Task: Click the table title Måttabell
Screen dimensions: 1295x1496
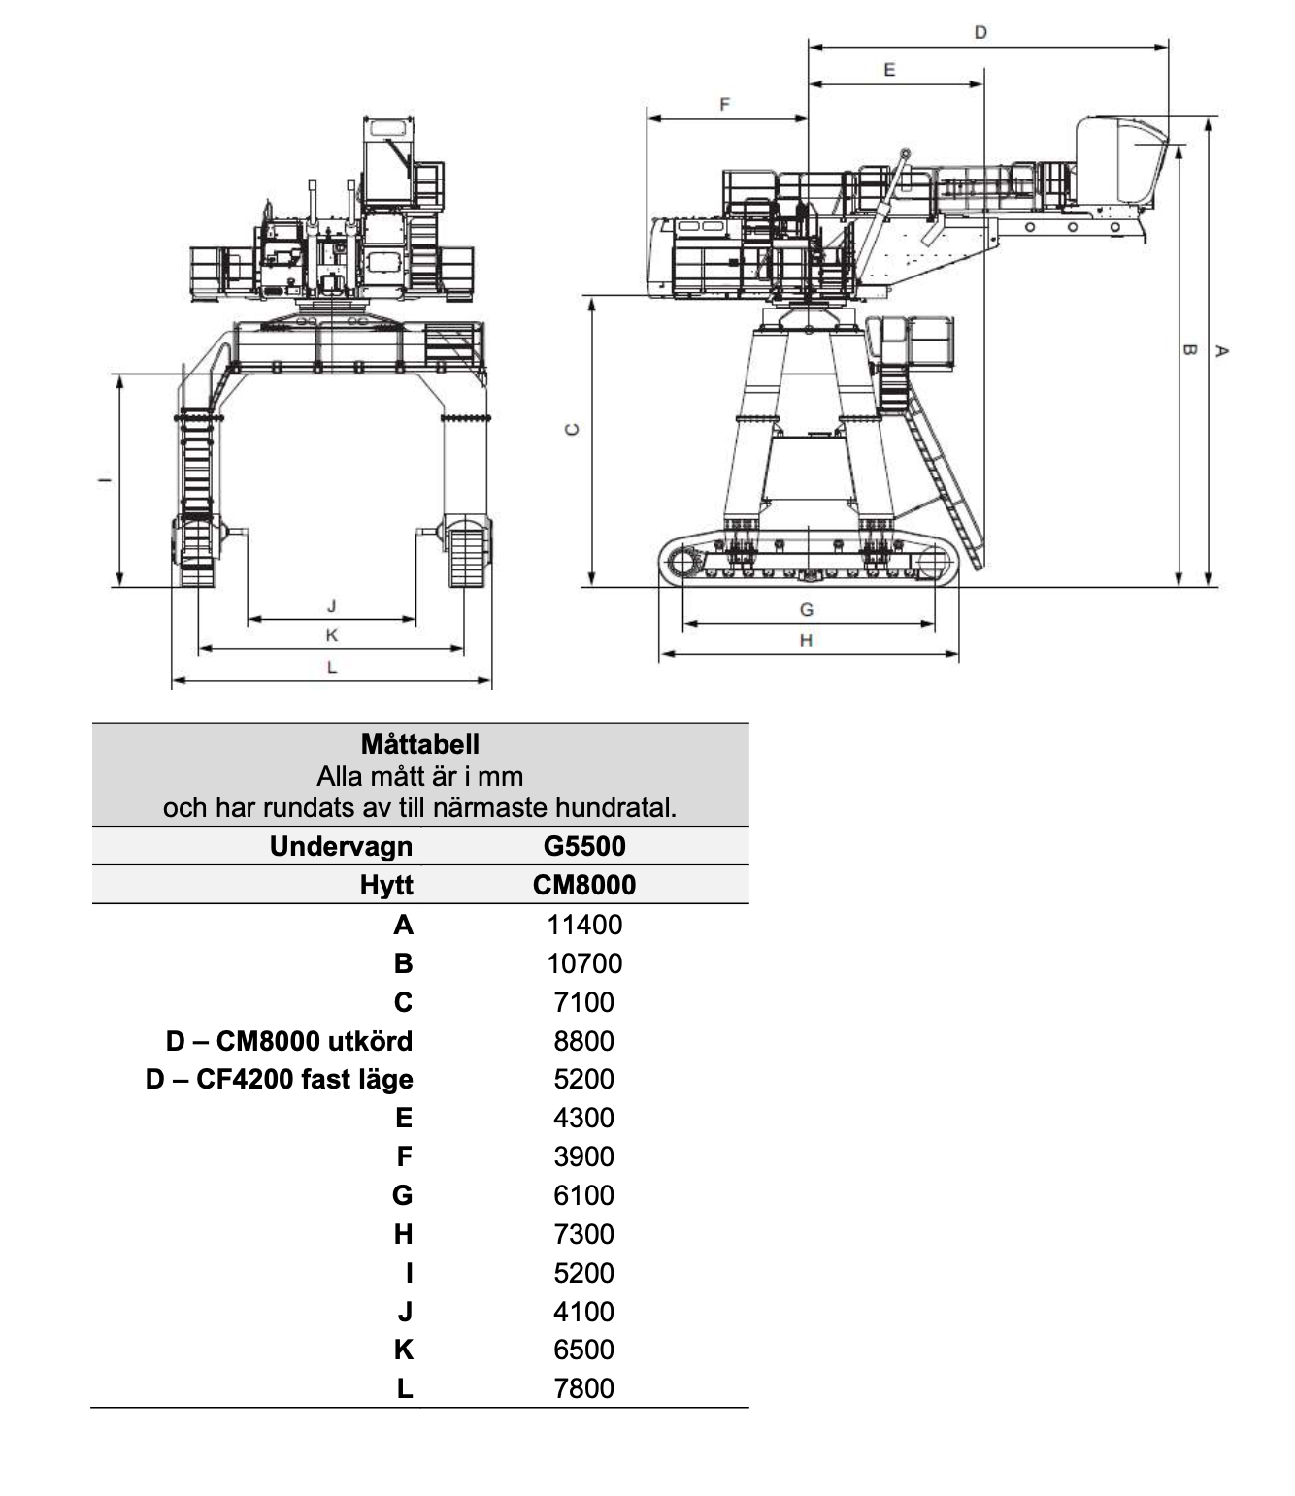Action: (420, 744)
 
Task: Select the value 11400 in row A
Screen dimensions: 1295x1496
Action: (584, 925)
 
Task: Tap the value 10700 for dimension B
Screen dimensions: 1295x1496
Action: (584, 963)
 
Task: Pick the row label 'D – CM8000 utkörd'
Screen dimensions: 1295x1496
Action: (289, 1041)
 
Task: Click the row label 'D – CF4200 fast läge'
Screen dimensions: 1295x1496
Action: (279, 1079)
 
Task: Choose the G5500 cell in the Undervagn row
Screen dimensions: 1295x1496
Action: (584, 846)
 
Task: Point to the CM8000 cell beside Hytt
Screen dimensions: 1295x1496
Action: (584, 885)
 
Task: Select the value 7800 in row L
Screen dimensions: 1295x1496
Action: (584, 1388)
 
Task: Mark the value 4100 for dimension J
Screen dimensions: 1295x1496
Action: (584, 1311)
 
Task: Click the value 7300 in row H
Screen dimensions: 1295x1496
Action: (584, 1234)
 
